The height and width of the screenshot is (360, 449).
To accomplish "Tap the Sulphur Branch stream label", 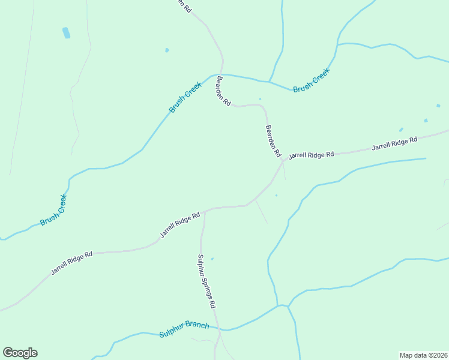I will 184,329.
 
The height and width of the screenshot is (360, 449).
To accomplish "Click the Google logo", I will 20,353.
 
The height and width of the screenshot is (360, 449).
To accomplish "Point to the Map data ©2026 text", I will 424,355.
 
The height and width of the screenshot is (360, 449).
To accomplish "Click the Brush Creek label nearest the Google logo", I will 53,210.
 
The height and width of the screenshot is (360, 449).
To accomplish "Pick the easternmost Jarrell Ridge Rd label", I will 394,144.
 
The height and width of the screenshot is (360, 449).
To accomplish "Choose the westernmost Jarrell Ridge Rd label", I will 71,262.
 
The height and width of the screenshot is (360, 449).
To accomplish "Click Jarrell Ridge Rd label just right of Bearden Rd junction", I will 311,155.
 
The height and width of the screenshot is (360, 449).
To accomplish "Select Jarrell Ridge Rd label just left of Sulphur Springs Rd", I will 179,225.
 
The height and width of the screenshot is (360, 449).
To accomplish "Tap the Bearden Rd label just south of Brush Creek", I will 224,91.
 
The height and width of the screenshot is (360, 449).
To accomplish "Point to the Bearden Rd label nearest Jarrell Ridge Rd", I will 273,141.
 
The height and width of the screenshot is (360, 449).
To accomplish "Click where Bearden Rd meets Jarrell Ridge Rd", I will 283,161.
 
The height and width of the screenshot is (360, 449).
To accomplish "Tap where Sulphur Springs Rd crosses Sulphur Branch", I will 219,329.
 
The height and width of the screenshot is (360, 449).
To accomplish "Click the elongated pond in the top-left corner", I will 66,32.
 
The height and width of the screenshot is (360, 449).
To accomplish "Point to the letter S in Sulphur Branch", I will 161,334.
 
